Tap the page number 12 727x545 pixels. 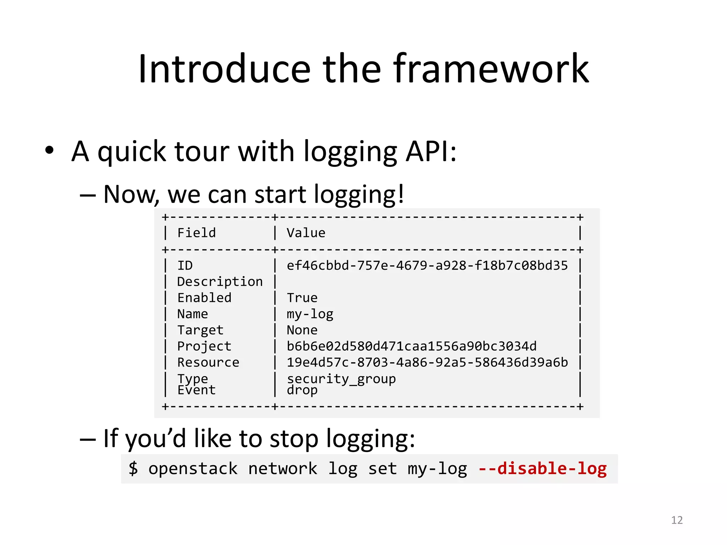677,520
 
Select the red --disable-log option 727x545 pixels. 542,468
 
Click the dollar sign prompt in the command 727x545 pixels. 133,468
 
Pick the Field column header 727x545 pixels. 196,233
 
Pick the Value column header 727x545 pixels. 306,233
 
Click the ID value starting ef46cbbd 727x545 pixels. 427,265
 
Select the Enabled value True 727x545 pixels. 302,298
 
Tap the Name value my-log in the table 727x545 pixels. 310,314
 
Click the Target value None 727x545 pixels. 302,330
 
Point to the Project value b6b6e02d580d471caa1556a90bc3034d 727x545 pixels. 411,346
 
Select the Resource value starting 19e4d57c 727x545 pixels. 427,362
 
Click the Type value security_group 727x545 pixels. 341,379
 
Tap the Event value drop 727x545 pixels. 302,390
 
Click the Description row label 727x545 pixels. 220,282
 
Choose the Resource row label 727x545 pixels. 208,362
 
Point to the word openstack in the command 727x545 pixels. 193,468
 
